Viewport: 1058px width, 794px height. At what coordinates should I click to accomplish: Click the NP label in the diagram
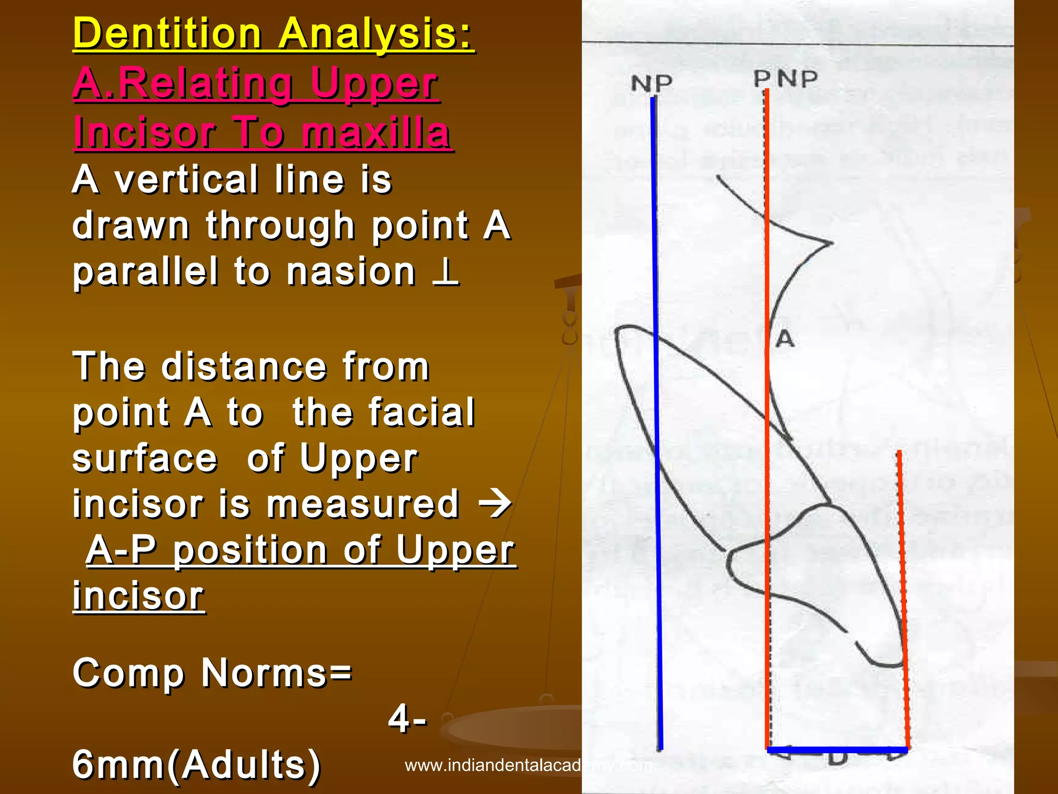(x=651, y=83)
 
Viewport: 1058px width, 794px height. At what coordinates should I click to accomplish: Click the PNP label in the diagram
(x=785, y=79)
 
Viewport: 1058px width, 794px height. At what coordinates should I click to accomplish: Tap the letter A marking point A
(x=785, y=339)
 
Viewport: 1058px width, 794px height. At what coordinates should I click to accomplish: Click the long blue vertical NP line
(x=656, y=414)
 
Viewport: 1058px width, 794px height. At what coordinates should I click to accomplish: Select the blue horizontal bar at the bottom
(x=837, y=750)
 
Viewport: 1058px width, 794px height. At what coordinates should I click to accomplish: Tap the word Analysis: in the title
(x=376, y=34)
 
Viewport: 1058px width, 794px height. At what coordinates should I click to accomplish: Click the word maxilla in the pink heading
(x=376, y=132)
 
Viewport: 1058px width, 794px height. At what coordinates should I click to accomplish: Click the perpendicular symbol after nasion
(x=445, y=272)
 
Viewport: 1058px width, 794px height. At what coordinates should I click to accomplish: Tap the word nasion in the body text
(x=351, y=272)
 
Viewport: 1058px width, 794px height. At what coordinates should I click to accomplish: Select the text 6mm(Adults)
(x=196, y=764)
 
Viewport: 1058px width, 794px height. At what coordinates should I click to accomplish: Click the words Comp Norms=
(x=212, y=673)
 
